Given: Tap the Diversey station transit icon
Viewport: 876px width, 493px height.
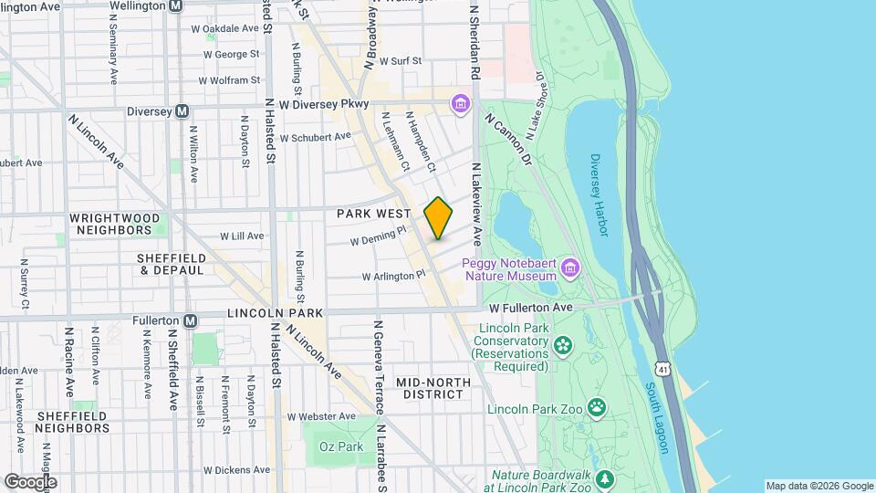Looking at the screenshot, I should (x=182, y=111).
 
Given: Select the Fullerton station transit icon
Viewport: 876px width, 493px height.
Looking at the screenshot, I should (x=190, y=320).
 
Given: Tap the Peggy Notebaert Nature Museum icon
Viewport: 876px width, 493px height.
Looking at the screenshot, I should (x=570, y=267).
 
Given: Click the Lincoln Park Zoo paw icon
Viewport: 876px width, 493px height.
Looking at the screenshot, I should (x=597, y=406).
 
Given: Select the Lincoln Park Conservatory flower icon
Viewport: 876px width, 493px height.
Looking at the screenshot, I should (x=563, y=344).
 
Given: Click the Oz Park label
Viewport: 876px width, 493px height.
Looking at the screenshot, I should (x=340, y=447).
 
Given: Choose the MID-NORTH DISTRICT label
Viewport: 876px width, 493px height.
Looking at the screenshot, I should (x=433, y=388).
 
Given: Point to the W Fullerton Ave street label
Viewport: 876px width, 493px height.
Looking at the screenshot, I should (x=530, y=308).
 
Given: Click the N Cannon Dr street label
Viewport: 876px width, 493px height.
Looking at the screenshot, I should (x=507, y=140).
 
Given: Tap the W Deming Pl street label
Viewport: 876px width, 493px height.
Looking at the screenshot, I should (x=378, y=237).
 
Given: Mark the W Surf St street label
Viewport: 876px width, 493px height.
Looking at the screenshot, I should (x=401, y=61).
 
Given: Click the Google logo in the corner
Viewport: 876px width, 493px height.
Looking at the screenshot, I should (x=30, y=481).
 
